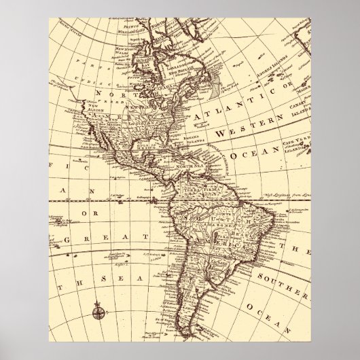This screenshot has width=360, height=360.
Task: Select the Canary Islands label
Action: coord(300,111)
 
